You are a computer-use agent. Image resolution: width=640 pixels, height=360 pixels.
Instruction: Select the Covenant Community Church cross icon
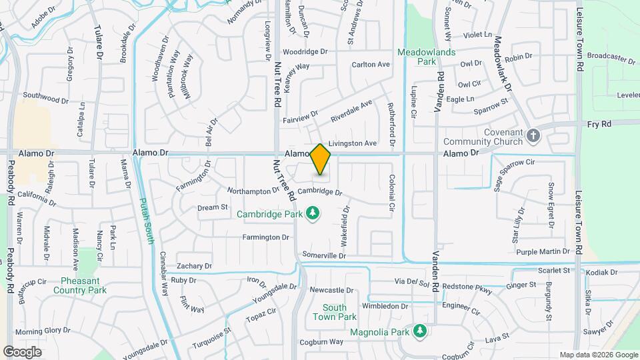click(533, 137)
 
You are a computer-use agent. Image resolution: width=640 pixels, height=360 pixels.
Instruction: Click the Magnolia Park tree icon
click(419, 331)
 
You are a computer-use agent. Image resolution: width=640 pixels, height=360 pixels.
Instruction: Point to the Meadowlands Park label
click(427, 56)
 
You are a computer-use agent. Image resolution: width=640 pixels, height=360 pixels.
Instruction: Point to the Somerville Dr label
click(324, 255)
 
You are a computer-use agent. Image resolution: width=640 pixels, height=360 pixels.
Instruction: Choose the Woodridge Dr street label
click(305, 51)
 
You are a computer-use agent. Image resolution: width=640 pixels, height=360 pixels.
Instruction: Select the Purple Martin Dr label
click(543, 251)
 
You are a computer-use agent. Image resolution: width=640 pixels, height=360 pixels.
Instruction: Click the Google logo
click(22, 351)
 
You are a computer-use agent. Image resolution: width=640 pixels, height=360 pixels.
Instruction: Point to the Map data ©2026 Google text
click(598, 355)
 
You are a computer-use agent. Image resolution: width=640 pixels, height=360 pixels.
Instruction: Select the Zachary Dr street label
click(195, 265)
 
